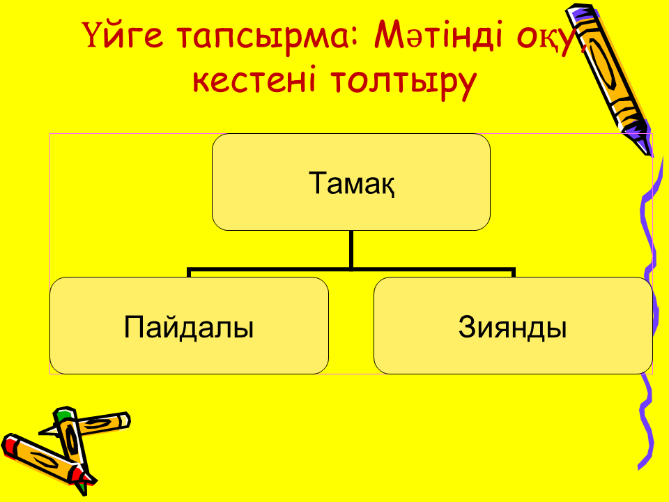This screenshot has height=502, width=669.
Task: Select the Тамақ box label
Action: (351, 183)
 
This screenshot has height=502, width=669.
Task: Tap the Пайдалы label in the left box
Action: (189, 328)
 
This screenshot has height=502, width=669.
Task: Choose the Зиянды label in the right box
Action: (513, 328)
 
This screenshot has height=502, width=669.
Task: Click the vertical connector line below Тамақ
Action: (351, 250)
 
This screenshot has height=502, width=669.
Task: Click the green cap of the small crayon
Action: (64, 414)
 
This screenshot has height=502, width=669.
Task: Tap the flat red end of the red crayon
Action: (8, 444)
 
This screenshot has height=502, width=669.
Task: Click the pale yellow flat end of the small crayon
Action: (125, 420)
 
